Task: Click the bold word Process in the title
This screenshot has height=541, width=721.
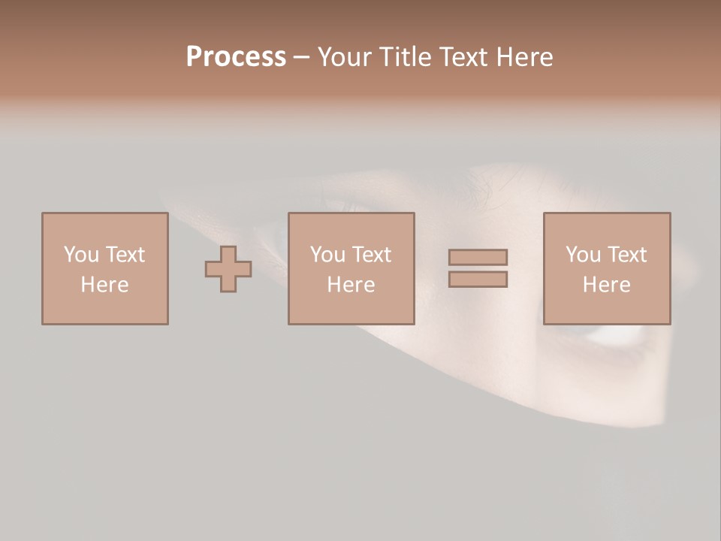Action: pos(236,57)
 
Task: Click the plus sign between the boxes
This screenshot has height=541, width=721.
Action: pos(228,269)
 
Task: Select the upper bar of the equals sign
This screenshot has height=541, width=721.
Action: pos(478,258)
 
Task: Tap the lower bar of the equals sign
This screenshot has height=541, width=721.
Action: pos(478,280)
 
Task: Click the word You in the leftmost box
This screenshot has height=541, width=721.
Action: pos(81,255)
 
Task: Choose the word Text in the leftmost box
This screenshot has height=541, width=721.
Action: pos(125,255)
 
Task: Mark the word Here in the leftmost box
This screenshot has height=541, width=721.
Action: pos(104,285)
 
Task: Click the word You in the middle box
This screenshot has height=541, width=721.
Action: pos(327,255)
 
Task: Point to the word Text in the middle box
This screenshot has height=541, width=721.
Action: pos(371,255)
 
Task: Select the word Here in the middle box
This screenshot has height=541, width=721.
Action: pos(351,285)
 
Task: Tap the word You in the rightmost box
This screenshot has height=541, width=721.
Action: pos(583,255)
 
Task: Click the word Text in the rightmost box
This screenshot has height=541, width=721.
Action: pos(626,255)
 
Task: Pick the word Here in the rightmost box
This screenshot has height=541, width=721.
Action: pos(606,285)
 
